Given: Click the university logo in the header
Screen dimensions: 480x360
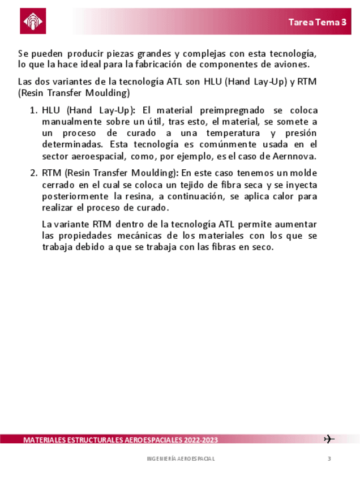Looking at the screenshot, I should point(33,22).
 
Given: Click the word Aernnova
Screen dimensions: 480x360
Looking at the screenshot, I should point(294,156).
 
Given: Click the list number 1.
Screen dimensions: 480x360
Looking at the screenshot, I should point(32,110).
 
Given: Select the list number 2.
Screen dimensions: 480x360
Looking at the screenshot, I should point(32,173).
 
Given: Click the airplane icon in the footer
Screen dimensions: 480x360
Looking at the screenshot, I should point(329,439).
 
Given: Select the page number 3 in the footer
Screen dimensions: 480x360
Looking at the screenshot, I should point(329,458).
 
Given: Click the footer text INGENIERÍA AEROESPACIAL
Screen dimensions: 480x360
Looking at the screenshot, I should point(181,458).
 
